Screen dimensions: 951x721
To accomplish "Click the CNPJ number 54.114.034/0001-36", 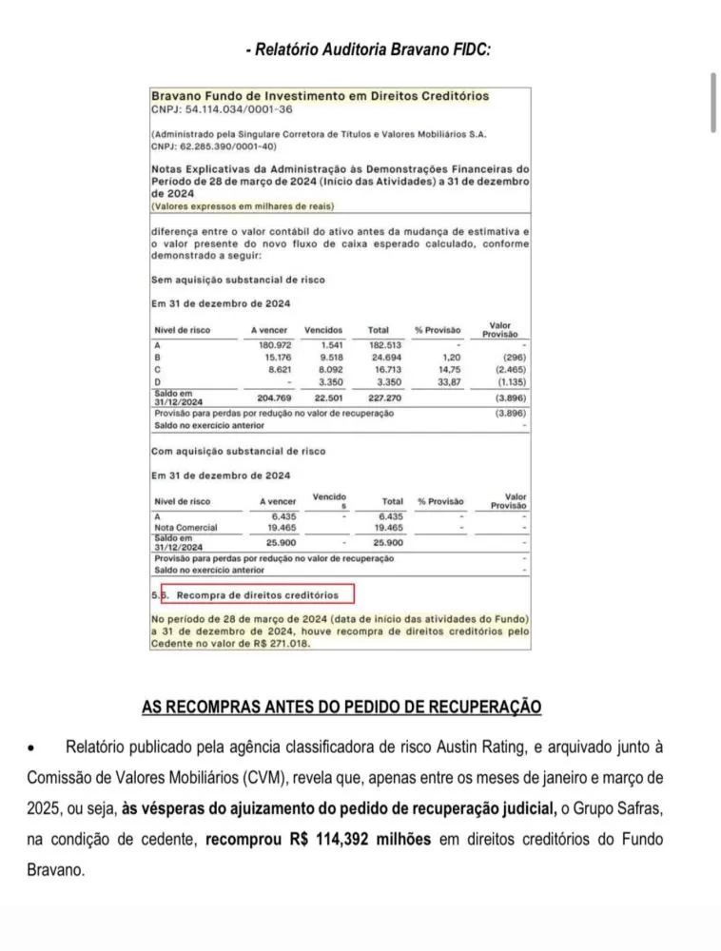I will tap(210, 110).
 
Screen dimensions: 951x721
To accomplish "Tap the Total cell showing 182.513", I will tap(384, 344).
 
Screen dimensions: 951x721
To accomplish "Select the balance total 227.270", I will tap(384, 398).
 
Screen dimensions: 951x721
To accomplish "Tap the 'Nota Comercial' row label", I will tap(185, 527).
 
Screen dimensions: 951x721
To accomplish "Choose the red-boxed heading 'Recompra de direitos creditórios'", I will tap(257, 595).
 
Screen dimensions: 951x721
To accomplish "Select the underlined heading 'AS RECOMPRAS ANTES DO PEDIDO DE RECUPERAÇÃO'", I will tap(341, 708).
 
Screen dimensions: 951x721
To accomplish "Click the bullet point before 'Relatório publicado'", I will tap(33, 748).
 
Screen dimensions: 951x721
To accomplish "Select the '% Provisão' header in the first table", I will tap(439, 330).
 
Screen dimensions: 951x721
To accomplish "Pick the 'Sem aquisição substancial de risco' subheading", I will tap(238, 280).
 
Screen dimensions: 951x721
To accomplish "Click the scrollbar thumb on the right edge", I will tap(713, 102).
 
